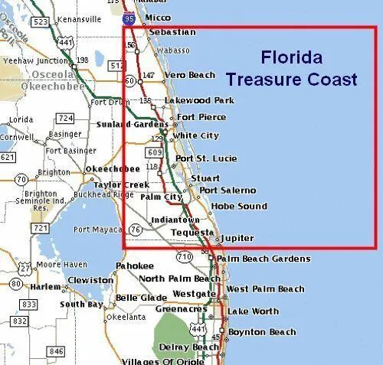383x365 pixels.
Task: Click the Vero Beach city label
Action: coord(190,75)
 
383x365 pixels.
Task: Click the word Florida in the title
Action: coord(291,57)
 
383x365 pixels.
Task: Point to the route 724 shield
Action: coord(65,119)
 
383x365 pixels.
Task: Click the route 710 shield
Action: coord(184,256)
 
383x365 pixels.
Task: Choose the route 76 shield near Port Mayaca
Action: coord(136,230)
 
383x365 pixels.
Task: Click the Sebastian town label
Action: coord(172,32)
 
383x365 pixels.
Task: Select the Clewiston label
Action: coord(90,281)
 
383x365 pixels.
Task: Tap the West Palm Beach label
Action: coord(265,289)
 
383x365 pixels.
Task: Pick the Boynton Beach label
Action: coord(261,332)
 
